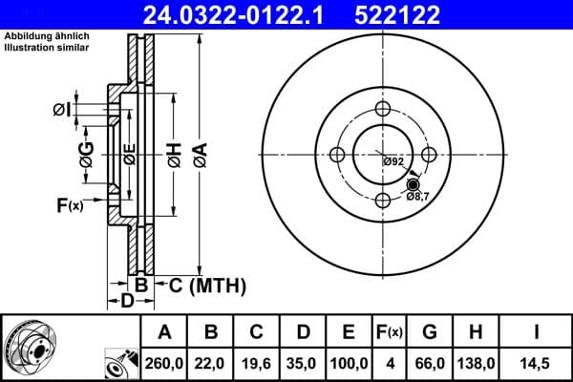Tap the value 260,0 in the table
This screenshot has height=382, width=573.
coord(164,363)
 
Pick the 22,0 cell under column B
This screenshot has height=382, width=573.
coord(211,363)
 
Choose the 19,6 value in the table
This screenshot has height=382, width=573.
coord(256,363)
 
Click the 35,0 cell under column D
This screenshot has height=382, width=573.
coord(302,363)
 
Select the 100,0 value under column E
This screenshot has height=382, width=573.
coord(350,363)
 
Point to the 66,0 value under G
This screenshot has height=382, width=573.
coord(430,363)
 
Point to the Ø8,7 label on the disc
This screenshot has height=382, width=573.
coord(417,197)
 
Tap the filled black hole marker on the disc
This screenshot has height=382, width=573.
coord(413,185)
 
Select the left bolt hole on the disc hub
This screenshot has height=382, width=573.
coord(336,155)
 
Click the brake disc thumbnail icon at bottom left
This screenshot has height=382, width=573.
coord(29,346)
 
